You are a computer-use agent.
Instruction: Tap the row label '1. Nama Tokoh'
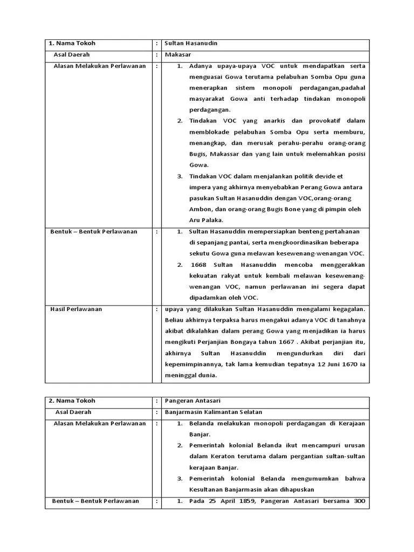pos(72,43)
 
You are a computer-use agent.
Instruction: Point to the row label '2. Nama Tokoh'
pos(72,401)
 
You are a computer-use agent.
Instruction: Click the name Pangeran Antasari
pos(192,401)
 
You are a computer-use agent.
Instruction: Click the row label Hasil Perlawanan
pos(76,309)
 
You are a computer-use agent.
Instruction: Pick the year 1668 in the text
pos(199,265)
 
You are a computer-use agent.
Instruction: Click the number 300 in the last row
pos(359,501)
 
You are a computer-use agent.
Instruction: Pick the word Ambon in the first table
pos(199,209)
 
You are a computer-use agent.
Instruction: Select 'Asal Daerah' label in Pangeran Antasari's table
pos(73,412)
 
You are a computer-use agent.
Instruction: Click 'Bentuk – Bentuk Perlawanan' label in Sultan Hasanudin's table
pos(94,231)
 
